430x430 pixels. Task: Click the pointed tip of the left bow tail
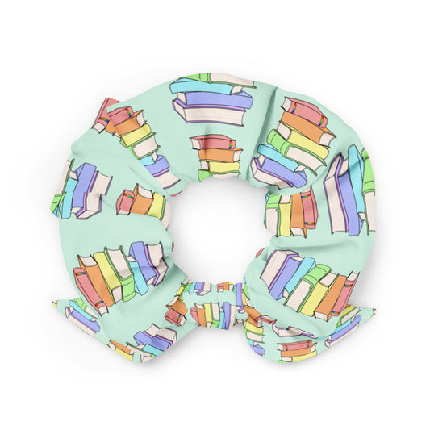(x=56, y=304)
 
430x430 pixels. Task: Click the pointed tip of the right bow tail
(x=373, y=309)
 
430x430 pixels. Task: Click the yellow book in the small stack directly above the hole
(x=218, y=167)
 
